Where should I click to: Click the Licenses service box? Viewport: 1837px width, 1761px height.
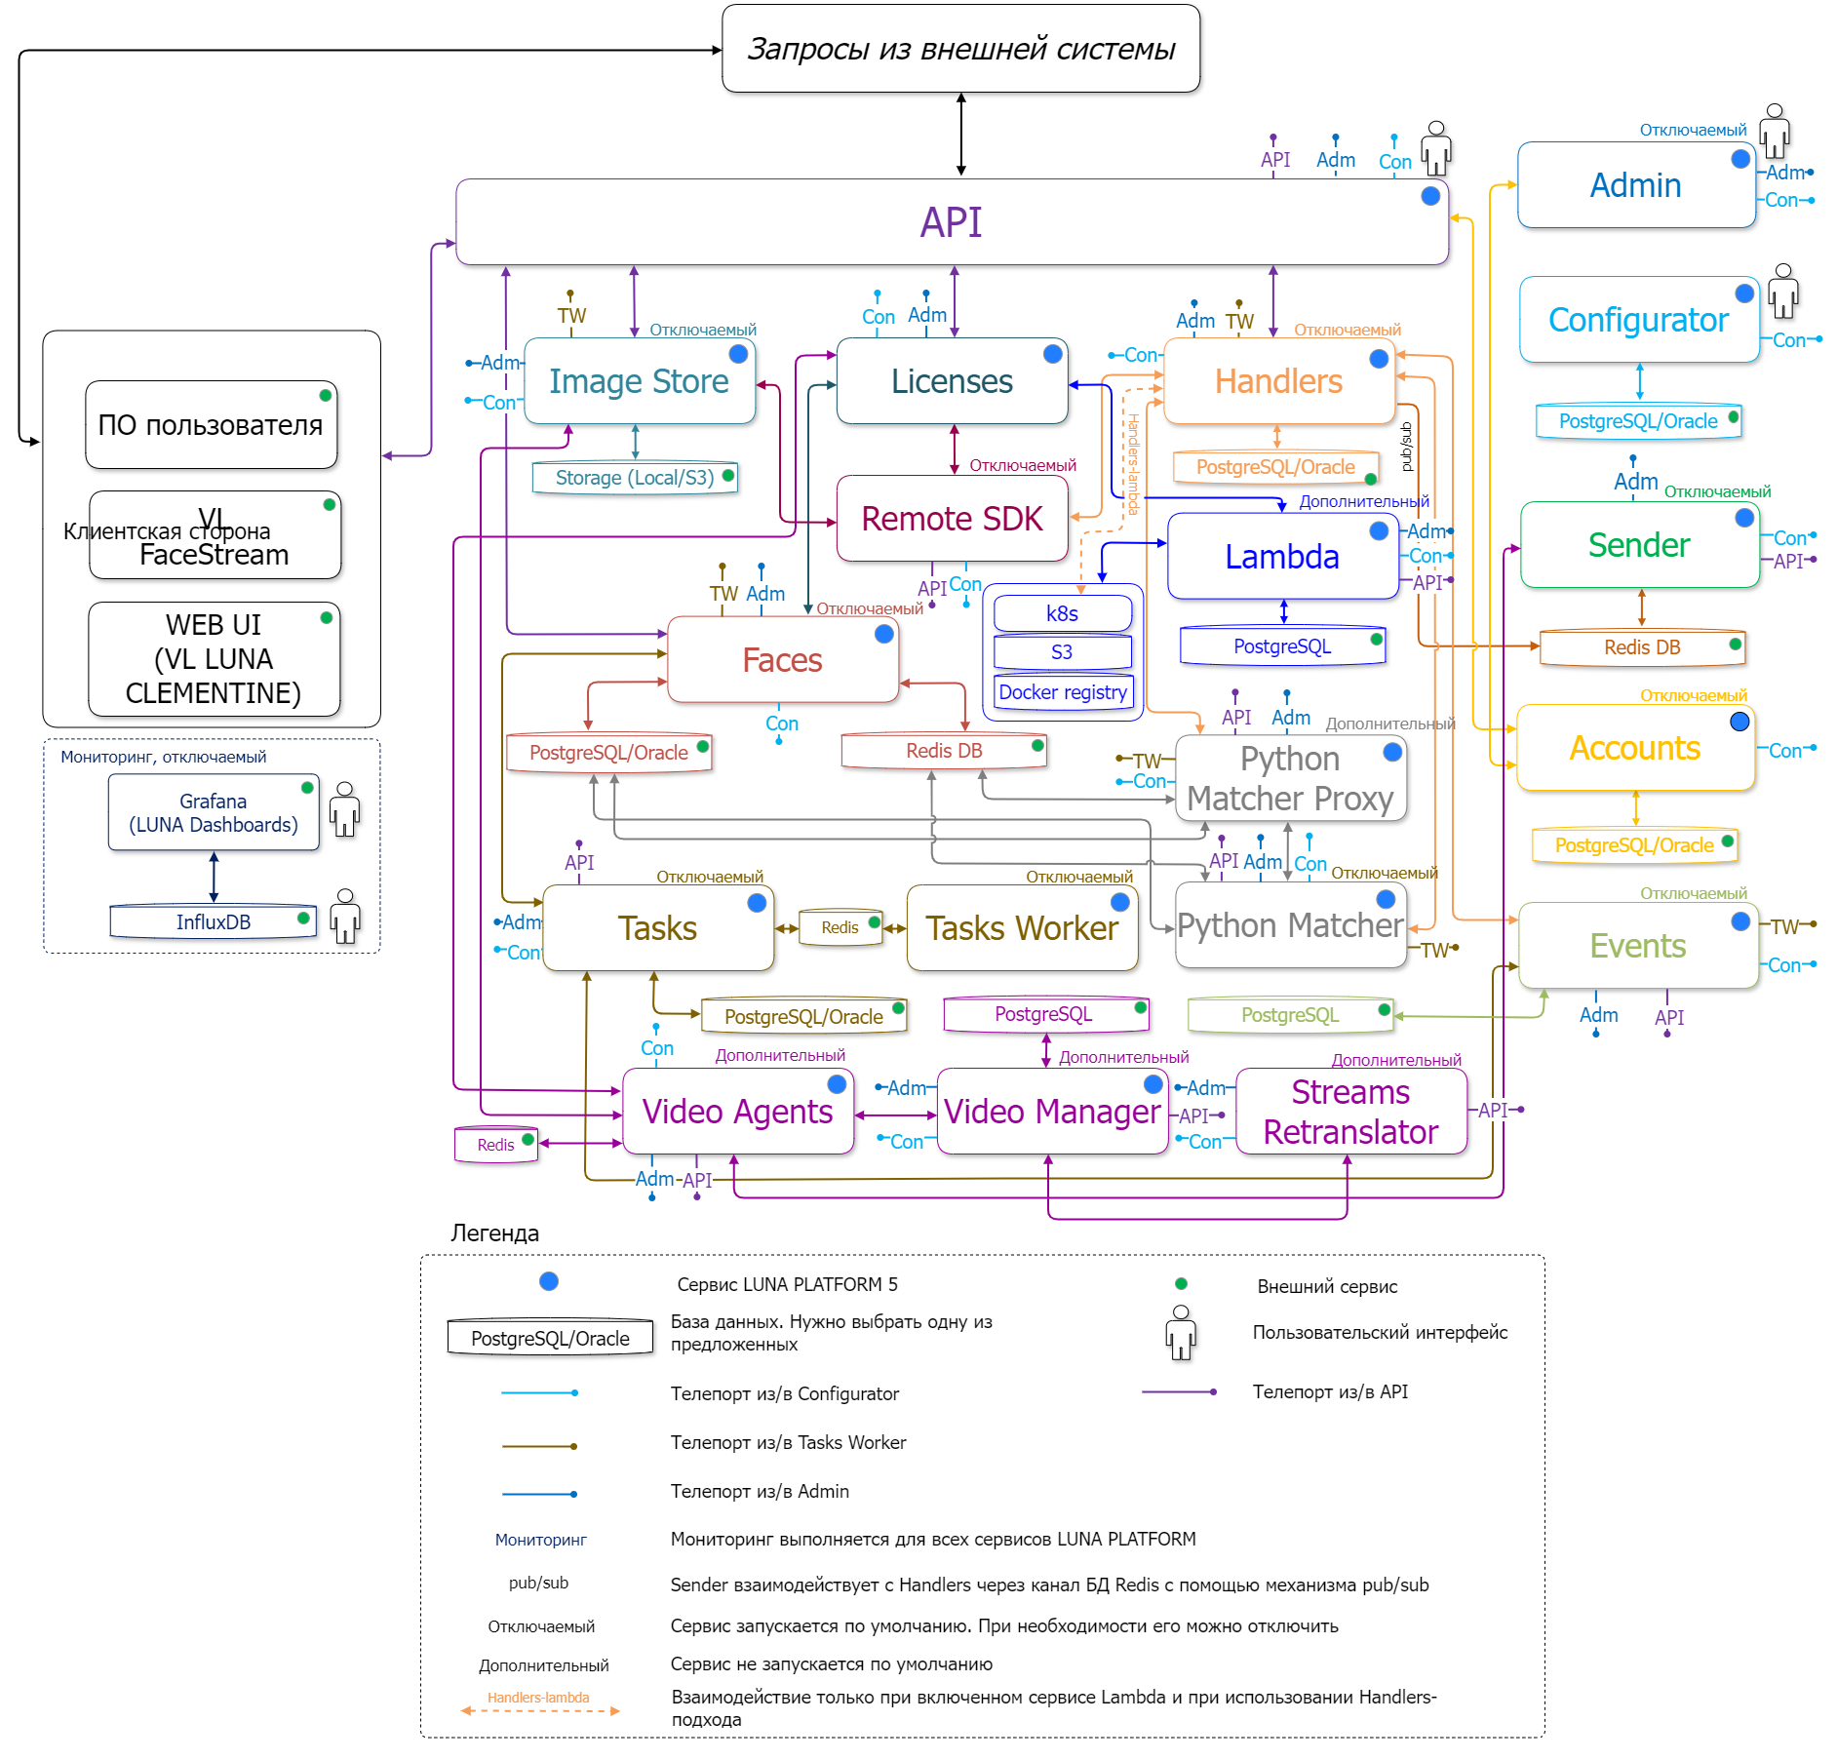coord(952,381)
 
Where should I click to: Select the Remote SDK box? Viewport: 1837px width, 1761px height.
coord(952,519)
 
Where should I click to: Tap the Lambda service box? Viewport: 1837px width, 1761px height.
coord(1282,557)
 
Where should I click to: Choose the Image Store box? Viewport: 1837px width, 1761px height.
coord(639,381)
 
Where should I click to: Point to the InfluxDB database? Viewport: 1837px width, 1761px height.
coord(214,922)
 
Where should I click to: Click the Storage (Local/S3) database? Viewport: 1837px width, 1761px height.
coord(635,478)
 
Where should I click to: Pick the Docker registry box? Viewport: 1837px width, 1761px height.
coord(1063,692)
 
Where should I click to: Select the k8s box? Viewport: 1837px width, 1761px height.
coord(1062,613)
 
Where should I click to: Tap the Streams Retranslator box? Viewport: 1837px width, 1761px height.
coord(1350,1112)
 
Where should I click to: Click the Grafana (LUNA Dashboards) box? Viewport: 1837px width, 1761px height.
coord(214,813)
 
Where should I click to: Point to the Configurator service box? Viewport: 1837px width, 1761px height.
coord(1638,320)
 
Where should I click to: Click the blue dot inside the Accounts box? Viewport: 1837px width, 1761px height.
coord(1739,722)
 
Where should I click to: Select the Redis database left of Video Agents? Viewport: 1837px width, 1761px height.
coord(495,1145)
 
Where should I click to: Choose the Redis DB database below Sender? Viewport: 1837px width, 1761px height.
coord(1642,647)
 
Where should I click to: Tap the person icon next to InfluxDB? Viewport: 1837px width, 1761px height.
coord(345,917)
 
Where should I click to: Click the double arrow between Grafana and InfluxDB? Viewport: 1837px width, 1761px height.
coord(214,877)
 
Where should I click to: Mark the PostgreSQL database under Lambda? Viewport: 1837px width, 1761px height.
coord(1282,646)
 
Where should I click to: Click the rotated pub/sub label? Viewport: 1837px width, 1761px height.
coord(1406,447)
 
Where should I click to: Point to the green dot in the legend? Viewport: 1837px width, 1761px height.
coord(1181,1284)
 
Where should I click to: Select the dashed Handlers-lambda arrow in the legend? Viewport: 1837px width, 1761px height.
coord(540,1711)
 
